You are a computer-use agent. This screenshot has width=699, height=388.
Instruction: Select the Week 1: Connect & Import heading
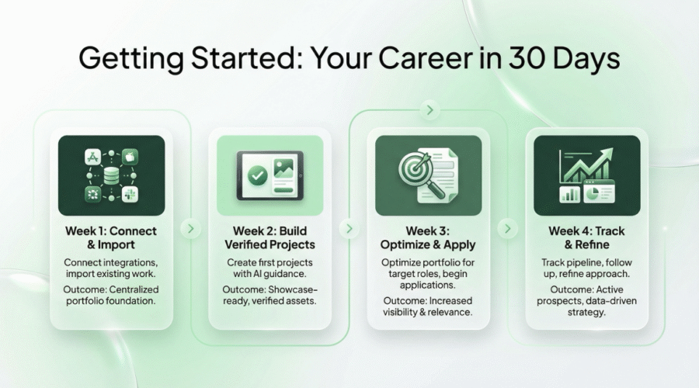pyautogui.click(x=112, y=237)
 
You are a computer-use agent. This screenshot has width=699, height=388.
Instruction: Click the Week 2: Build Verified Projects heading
pyautogui.click(x=270, y=237)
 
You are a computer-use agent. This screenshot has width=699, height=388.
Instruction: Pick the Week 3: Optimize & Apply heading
pyautogui.click(x=428, y=237)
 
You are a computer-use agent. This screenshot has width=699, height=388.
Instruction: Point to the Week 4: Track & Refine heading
pyautogui.click(x=586, y=237)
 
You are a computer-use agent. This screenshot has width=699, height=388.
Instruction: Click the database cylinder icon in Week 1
pyautogui.click(x=112, y=175)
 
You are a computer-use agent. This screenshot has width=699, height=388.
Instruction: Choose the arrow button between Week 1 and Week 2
pyautogui.click(x=190, y=229)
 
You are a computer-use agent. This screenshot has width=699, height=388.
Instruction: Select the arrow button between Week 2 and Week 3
pyautogui.click(x=349, y=229)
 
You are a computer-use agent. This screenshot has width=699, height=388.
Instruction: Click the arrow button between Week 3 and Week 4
pyautogui.click(x=507, y=229)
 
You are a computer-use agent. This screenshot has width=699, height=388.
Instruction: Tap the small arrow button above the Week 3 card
pyautogui.click(x=428, y=111)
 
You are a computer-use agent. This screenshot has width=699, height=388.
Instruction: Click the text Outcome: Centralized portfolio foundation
pyautogui.click(x=112, y=294)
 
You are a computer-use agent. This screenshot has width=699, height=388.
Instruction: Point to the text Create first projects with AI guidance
pyautogui.click(x=270, y=269)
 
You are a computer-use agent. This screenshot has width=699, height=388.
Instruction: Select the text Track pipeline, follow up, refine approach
pyautogui.click(x=586, y=269)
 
